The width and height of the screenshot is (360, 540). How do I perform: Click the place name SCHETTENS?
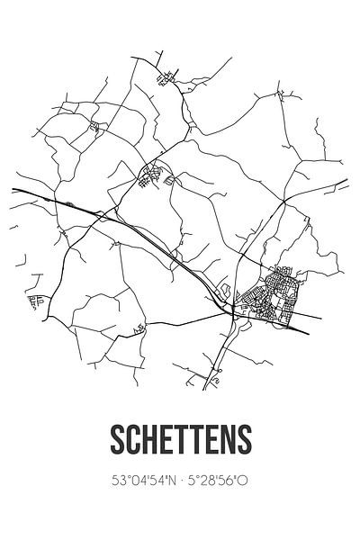pyautogui.click(x=180, y=438)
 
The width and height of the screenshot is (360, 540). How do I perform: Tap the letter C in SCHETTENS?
pyautogui.click(x=130, y=438)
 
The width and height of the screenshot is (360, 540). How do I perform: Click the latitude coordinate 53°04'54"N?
pyautogui.click(x=133, y=481)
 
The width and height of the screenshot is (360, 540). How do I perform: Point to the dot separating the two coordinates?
pyautogui.click(x=179, y=481)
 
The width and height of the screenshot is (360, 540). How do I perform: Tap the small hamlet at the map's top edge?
pyautogui.click(x=166, y=77)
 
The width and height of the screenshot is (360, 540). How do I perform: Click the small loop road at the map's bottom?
pyautogui.click(x=214, y=383)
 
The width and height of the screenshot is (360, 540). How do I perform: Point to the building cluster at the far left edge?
pyautogui.click(x=37, y=300)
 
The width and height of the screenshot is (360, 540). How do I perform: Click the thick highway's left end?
pyautogui.click(x=14, y=190)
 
